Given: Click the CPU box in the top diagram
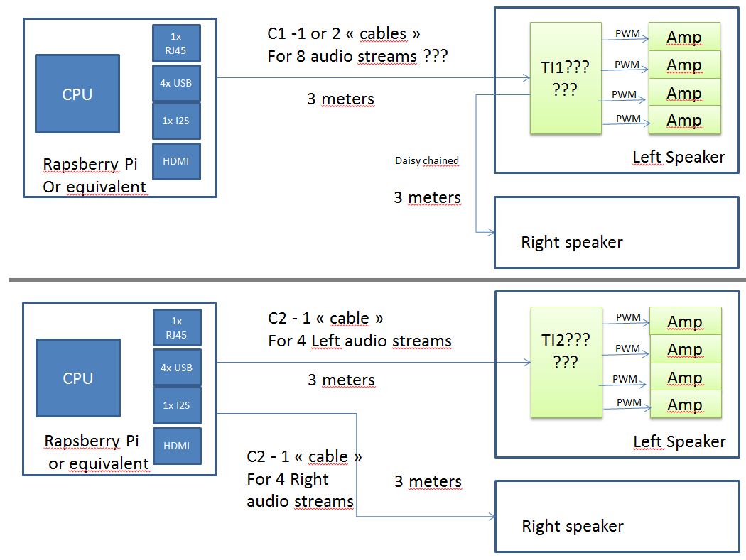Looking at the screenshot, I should (77, 94).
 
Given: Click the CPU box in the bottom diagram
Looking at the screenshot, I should (77, 378).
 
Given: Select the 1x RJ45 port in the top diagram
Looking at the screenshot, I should (176, 43).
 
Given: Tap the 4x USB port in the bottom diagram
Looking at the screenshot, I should (176, 368).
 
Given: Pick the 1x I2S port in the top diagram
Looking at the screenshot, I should (176, 121).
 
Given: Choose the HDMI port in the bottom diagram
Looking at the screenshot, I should (176, 445).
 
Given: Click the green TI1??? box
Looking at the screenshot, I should (564, 78).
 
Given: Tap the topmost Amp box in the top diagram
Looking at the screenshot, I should (684, 37).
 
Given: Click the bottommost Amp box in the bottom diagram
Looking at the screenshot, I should (685, 405).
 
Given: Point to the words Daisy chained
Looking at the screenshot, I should (427, 161).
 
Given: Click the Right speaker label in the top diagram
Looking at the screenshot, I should (571, 242).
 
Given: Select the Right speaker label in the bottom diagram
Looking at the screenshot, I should (572, 526).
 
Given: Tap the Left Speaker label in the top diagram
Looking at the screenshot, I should (679, 158).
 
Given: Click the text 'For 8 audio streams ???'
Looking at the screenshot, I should (357, 56).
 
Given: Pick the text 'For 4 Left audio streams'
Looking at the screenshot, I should (360, 341).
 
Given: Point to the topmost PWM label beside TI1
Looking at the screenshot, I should (626, 33).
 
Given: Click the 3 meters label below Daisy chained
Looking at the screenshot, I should (427, 197).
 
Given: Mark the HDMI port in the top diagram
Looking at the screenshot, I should (176, 161).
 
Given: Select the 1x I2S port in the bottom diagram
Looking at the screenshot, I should (176, 405).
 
